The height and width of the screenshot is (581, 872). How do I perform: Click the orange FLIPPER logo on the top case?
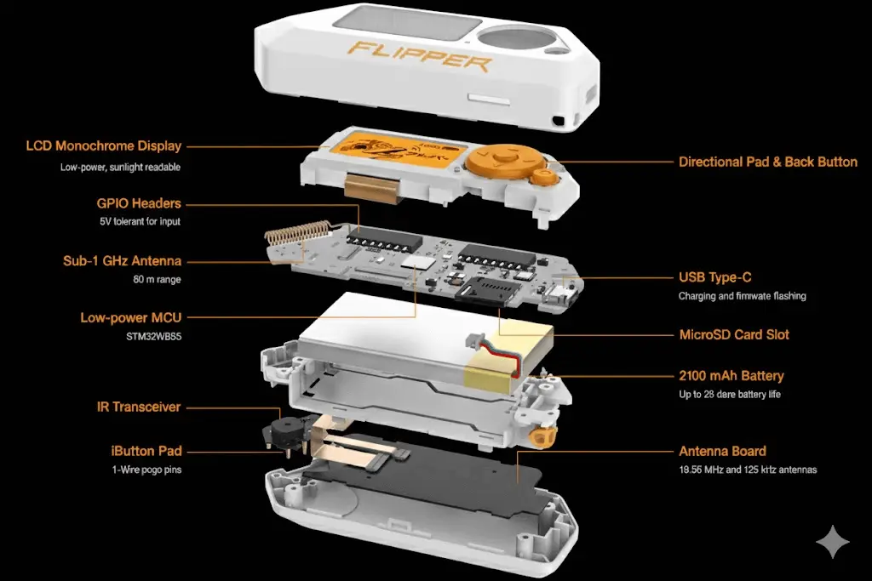click(x=419, y=56)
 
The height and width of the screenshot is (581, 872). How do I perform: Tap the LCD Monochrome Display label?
click(x=103, y=146)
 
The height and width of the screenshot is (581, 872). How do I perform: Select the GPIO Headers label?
click(x=139, y=203)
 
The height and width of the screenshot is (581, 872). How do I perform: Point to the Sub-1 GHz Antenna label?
click(x=122, y=261)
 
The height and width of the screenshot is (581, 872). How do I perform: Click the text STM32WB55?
click(x=153, y=337)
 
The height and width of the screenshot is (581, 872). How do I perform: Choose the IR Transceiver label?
click(x=139, y=407)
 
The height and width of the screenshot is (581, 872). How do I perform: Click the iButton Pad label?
click(x=146, y=451)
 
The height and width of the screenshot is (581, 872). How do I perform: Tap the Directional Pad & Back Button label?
click(x=768, y=162)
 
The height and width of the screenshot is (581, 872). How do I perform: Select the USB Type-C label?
click(x=714, y=277)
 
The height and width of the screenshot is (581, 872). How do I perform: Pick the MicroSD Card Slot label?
click(x=734, y=335)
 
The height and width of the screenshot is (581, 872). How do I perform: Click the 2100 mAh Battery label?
click(x=731, y=376)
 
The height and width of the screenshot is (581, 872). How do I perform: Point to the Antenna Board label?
click(x=722, y=451)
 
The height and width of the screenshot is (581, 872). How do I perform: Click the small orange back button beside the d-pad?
click(x=542, y=177)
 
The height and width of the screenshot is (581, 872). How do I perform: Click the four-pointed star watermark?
click(x=833, y=541)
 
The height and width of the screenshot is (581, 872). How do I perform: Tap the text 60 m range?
click(x=157, y=279)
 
